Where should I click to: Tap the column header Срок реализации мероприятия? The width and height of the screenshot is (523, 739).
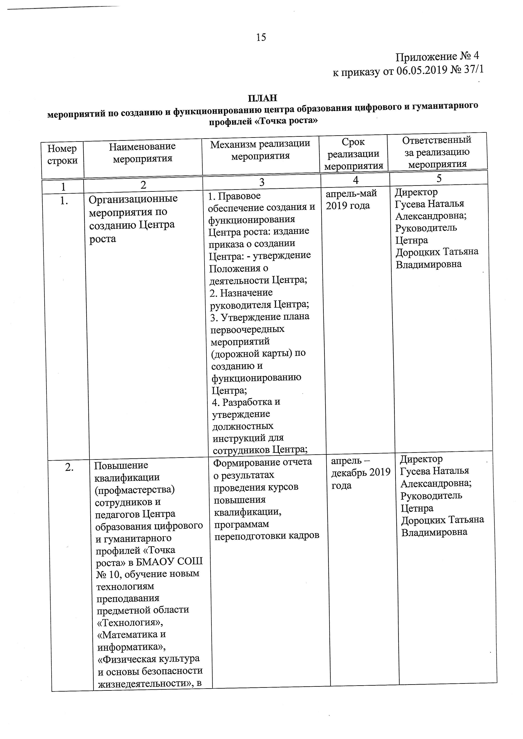[353, 154]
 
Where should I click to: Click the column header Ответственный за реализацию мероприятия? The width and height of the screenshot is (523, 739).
[437, 152]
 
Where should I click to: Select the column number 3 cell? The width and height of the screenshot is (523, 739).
[262, 182]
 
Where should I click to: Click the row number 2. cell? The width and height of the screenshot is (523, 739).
[69, 467]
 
